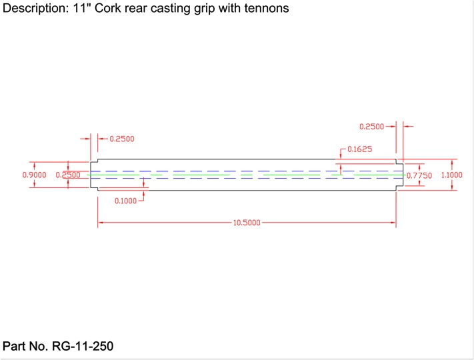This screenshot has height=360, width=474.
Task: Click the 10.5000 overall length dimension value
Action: pos(247,223)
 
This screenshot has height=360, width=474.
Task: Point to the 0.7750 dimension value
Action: pos(419,175)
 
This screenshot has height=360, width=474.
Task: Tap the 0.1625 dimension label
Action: pos(360,149)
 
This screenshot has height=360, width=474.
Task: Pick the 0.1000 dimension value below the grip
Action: pos(125,201)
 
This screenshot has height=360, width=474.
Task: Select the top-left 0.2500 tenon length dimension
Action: pos(122,139)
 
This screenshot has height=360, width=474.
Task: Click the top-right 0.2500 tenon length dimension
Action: pos(371,127)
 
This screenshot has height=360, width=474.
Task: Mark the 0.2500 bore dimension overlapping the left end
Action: pos(68,175)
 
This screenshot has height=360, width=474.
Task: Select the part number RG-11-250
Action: pos(83,346)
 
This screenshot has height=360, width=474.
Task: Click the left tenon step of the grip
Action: pos(94,175)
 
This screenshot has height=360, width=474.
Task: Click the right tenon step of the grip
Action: pos(399,175)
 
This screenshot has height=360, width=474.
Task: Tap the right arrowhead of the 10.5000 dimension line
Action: pos(393,223)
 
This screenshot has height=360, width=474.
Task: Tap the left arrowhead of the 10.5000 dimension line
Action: pos(101,223)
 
